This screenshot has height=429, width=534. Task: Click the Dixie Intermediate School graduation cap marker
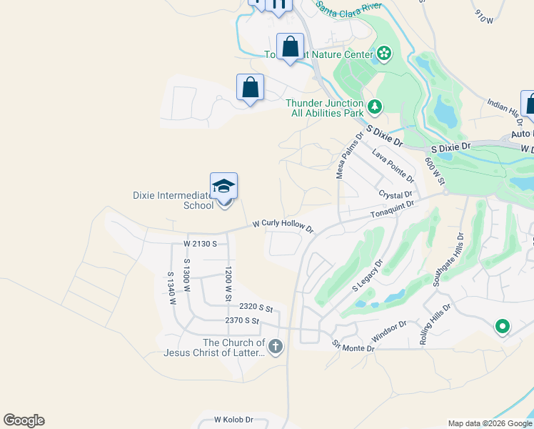223,187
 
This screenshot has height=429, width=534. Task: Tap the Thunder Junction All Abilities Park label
325,109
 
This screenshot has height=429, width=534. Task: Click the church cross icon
276,348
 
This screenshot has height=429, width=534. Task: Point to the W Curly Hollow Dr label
283,225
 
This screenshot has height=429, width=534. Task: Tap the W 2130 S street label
200,244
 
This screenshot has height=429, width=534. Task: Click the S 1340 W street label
171,288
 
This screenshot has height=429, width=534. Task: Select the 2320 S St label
256,307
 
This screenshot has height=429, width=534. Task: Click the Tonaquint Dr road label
392,209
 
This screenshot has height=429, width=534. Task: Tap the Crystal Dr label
396,194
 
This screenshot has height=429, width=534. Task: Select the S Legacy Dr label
368,275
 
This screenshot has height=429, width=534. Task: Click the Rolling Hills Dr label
435,325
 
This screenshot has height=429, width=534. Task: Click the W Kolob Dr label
233,420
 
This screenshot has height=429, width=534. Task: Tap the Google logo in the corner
24,420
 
